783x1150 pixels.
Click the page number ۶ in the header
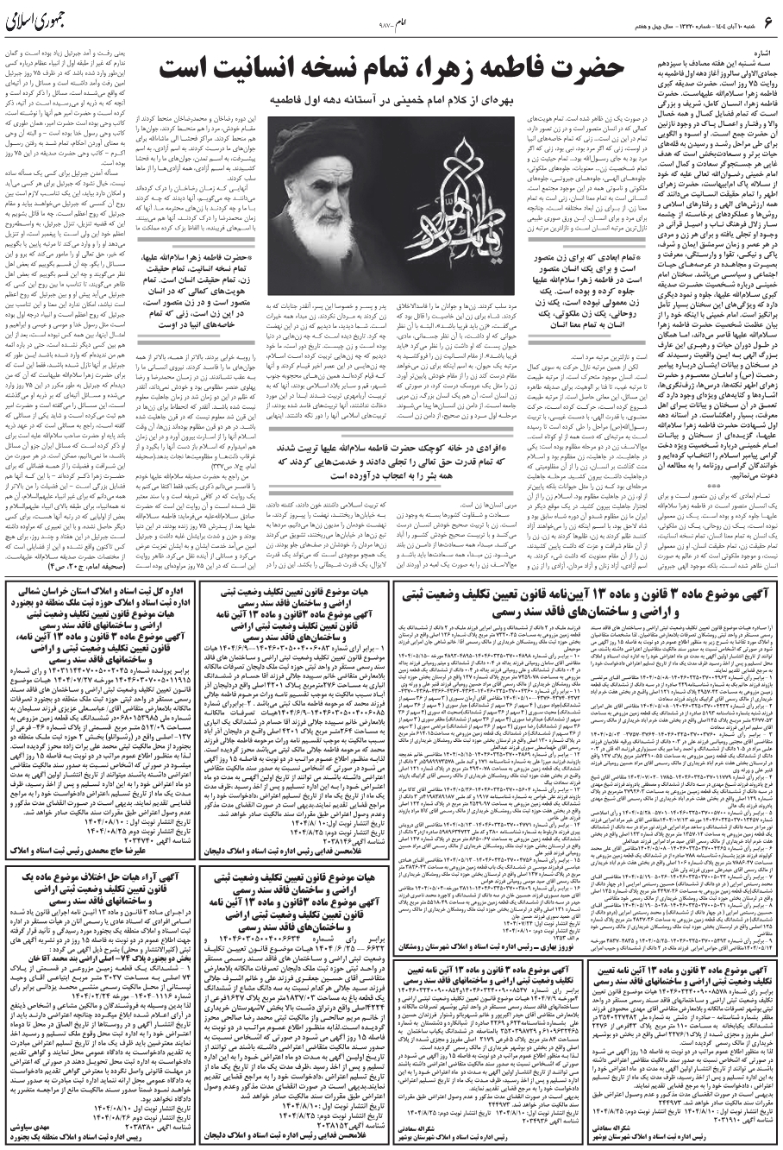click(766, 28)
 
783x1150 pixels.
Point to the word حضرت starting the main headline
click(580, 69)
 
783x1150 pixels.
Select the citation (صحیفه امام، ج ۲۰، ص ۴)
click(60, 543)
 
